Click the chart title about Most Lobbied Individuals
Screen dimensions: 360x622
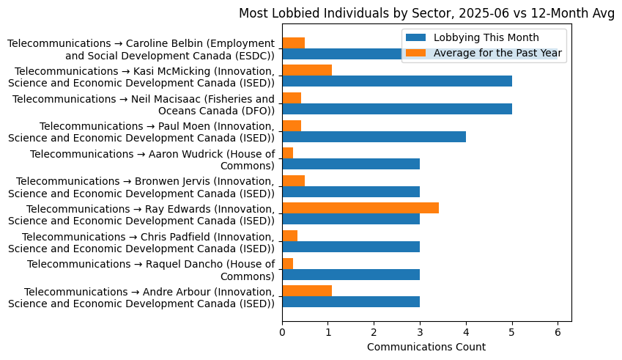pyautogui.click(x=426, y=12)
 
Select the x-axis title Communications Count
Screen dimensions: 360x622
pyautogui.click(x=426, y=346)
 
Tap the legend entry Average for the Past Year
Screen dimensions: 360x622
pyautogui.click(x=497, y=53)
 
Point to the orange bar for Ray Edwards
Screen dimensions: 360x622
pyautogui.click(x=360, y=208)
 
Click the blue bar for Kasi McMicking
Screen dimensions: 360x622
pyautogui.click(x=397, y=81)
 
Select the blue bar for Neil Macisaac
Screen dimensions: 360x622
pyautogui.click(x=397, y=109)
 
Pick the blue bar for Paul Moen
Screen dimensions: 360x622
pyautogui.click(x=374, y=136)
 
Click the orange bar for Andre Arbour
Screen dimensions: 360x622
pyautogui.click(x=307, y=291)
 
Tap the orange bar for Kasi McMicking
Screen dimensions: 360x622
pyautogui.click(x=307, y=70)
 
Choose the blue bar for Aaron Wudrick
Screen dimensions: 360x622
pyautogui.click(x=351, y=164)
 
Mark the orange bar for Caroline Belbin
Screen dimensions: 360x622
pyautogui.click(x=293, y=43)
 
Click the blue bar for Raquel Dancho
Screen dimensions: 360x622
pyautogui.click(x=351, y=274)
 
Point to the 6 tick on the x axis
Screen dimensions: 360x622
pyautogui.click(x=558, y=322)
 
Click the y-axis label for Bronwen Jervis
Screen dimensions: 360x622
pyautogui.click(x=142, y=187)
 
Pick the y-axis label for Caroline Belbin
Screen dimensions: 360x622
pyautogui.click(x=142, y=50)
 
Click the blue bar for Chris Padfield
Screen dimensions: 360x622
pyautogui.click(x=351, y=247)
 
